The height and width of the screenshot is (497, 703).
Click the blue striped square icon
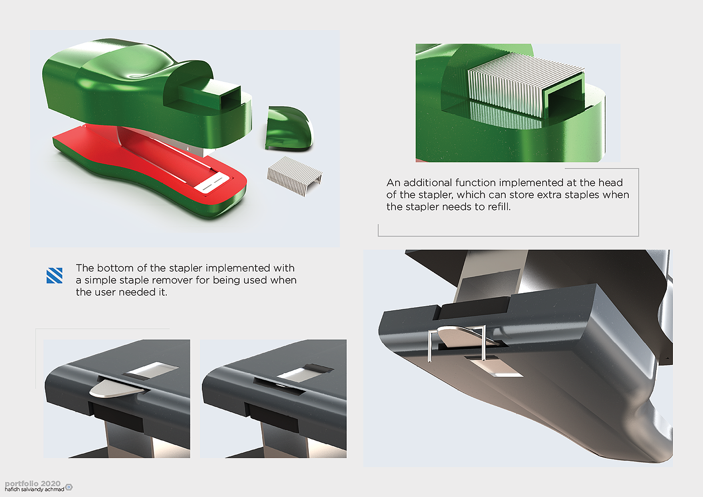click(x=54, y=276)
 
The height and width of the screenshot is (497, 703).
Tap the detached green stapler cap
click(x=289, y=129)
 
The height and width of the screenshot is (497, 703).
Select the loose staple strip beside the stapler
click(x=295, y=176)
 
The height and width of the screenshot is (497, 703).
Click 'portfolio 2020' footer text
click(x=33, y=483)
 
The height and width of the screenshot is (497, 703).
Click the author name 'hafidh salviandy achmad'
click(x=35, y=489)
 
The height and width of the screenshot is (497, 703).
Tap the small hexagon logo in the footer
click(x=69, y=487)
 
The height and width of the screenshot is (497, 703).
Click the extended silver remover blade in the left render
click(x=116, y=389)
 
